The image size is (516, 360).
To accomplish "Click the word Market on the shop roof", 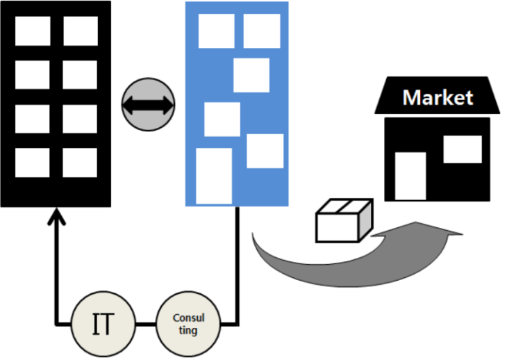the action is [x=438, y=97].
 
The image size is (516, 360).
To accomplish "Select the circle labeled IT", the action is [x=103, y=324].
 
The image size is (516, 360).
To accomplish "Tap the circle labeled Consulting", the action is [x=188, y=324].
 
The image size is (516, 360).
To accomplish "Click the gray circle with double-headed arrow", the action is [x=148, y=104].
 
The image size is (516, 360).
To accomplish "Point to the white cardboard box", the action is [x=344, y=220].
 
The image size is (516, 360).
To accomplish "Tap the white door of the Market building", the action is [x=410, y=176].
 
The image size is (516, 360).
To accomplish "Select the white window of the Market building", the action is [x=463, y=149].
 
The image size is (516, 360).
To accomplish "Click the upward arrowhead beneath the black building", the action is [x=57, y=216].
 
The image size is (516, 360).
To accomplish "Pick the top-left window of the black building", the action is [x=33, y=31].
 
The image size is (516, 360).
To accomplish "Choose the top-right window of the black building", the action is [x=81, y=31].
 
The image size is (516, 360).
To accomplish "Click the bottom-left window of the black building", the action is [x=32, y=163].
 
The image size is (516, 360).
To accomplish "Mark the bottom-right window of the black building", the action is [x=80, y=163].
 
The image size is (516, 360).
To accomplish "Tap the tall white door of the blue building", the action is [x=214, y=177].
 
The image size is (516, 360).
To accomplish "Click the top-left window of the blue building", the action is [x=217, y=31].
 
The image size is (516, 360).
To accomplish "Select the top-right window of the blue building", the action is [x=262, y=31].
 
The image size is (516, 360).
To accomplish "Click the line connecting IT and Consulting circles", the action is [x=146, y=325].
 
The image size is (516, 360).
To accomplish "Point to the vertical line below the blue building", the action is [x=238, y=266].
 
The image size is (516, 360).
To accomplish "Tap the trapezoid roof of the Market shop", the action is [x=438, y=95].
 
